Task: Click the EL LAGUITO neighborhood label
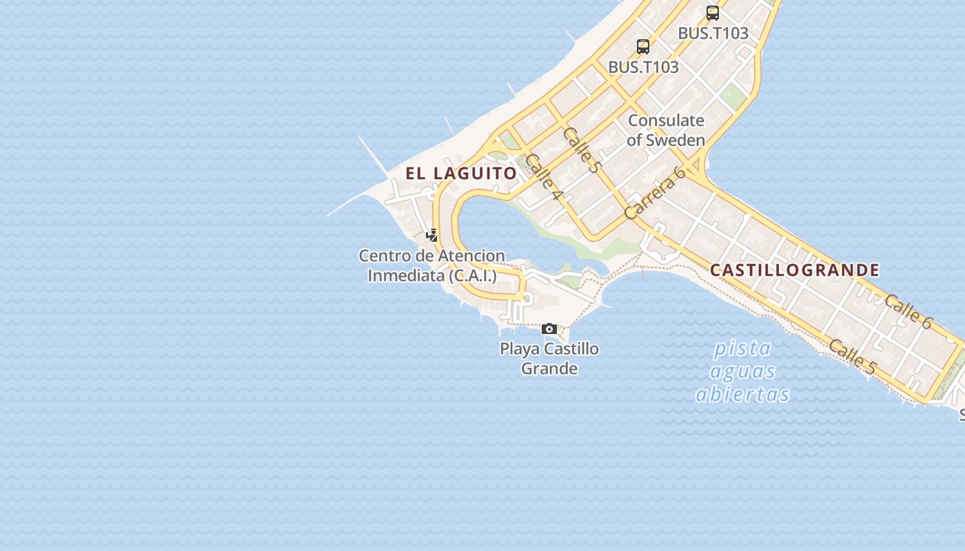460,173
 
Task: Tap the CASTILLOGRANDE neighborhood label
794,270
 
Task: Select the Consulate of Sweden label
666,130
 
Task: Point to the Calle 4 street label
544,178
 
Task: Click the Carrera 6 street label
655,192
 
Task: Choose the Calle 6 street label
908,312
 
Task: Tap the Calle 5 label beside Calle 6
852,357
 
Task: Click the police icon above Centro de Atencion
432,236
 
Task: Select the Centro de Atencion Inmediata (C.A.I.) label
431,266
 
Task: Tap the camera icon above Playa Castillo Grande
549,329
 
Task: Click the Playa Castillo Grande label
549,358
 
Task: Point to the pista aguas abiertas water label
743,371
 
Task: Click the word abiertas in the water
743,394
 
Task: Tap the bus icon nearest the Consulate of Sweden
643,47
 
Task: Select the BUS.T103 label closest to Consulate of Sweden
643,67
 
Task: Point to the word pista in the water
743,348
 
